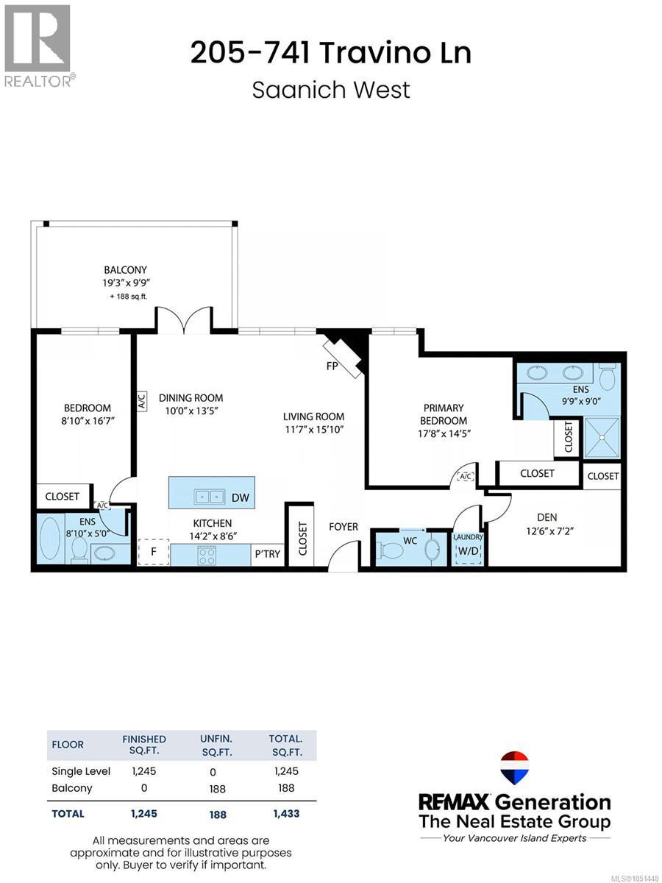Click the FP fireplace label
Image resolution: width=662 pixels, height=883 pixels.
(332, 366)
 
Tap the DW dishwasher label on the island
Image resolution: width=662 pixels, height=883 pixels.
(241, 497)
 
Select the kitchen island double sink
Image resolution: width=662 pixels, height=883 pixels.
(209, 497)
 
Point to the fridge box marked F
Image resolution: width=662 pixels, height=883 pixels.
(153, 552)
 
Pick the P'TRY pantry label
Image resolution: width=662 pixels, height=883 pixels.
(267, 554)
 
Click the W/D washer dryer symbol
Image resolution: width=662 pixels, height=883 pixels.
(469, 551)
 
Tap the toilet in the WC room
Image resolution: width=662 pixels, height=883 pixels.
(391, 550)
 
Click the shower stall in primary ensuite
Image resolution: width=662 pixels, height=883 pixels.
(602, 438)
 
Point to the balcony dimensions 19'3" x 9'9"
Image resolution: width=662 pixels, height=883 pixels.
(127, 283)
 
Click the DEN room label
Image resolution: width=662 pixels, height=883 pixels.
(547, 517)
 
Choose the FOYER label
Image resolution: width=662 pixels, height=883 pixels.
(344, 527)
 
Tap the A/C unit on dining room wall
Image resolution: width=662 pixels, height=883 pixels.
(142, 401)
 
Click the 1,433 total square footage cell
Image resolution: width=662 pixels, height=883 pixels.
(287, 813)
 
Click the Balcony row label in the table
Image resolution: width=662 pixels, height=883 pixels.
(72, 788)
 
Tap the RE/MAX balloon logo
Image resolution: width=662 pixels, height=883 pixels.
(514, 767)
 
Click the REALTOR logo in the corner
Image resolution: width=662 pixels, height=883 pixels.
(38, 46)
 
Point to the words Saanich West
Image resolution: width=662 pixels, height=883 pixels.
(331, 90)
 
